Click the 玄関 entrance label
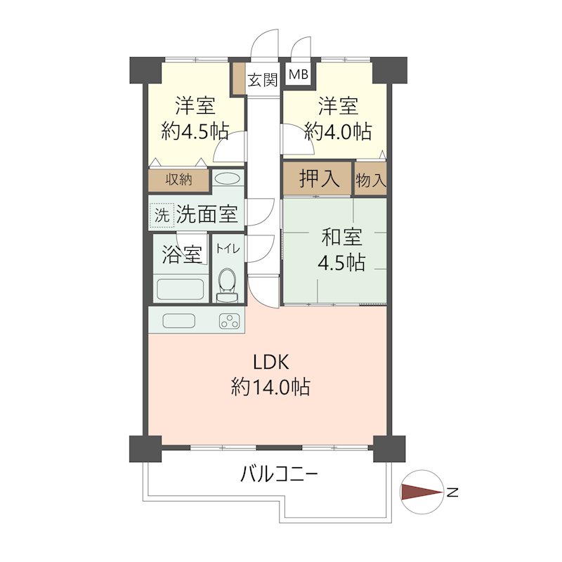point(263,79)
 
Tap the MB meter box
point(298,75)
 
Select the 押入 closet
point(318,178)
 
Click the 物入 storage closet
point(371,178)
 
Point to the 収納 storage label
point(178,179)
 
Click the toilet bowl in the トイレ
point(227,284)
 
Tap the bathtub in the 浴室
point(181,289)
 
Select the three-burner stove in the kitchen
point(230,321)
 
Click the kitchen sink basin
point(179,321)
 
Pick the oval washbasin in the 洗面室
point(226,178)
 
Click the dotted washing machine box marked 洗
point(162,216)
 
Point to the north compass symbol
point(421,492)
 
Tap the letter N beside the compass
point(452,492)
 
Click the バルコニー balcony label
point(278,475)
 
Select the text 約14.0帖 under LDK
point(271,387)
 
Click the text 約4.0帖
point(338,131)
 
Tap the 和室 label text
point(341,237)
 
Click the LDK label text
point(271,362)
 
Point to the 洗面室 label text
point(207,215)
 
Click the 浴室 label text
point(182,254)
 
